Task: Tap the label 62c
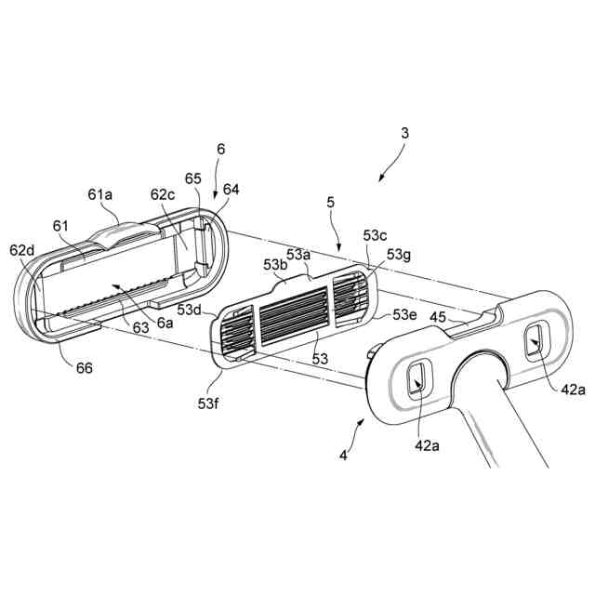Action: click(163, 195)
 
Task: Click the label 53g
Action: click(398, 255)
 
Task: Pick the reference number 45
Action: click(437, 316)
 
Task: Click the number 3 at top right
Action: click(405, 133)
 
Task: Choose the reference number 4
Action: click(346, 456)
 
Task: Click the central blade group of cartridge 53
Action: click(293, 313)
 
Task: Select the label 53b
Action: click(275, 266)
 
